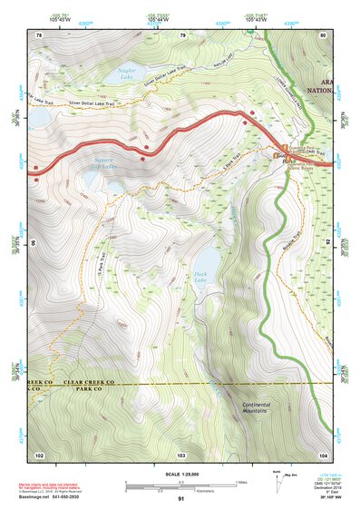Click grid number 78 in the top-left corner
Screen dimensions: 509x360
(39, 35)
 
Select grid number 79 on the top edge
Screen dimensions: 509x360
(181, 35)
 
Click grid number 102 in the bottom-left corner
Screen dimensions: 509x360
(39, 454)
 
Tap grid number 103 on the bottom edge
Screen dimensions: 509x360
(181, 454)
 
